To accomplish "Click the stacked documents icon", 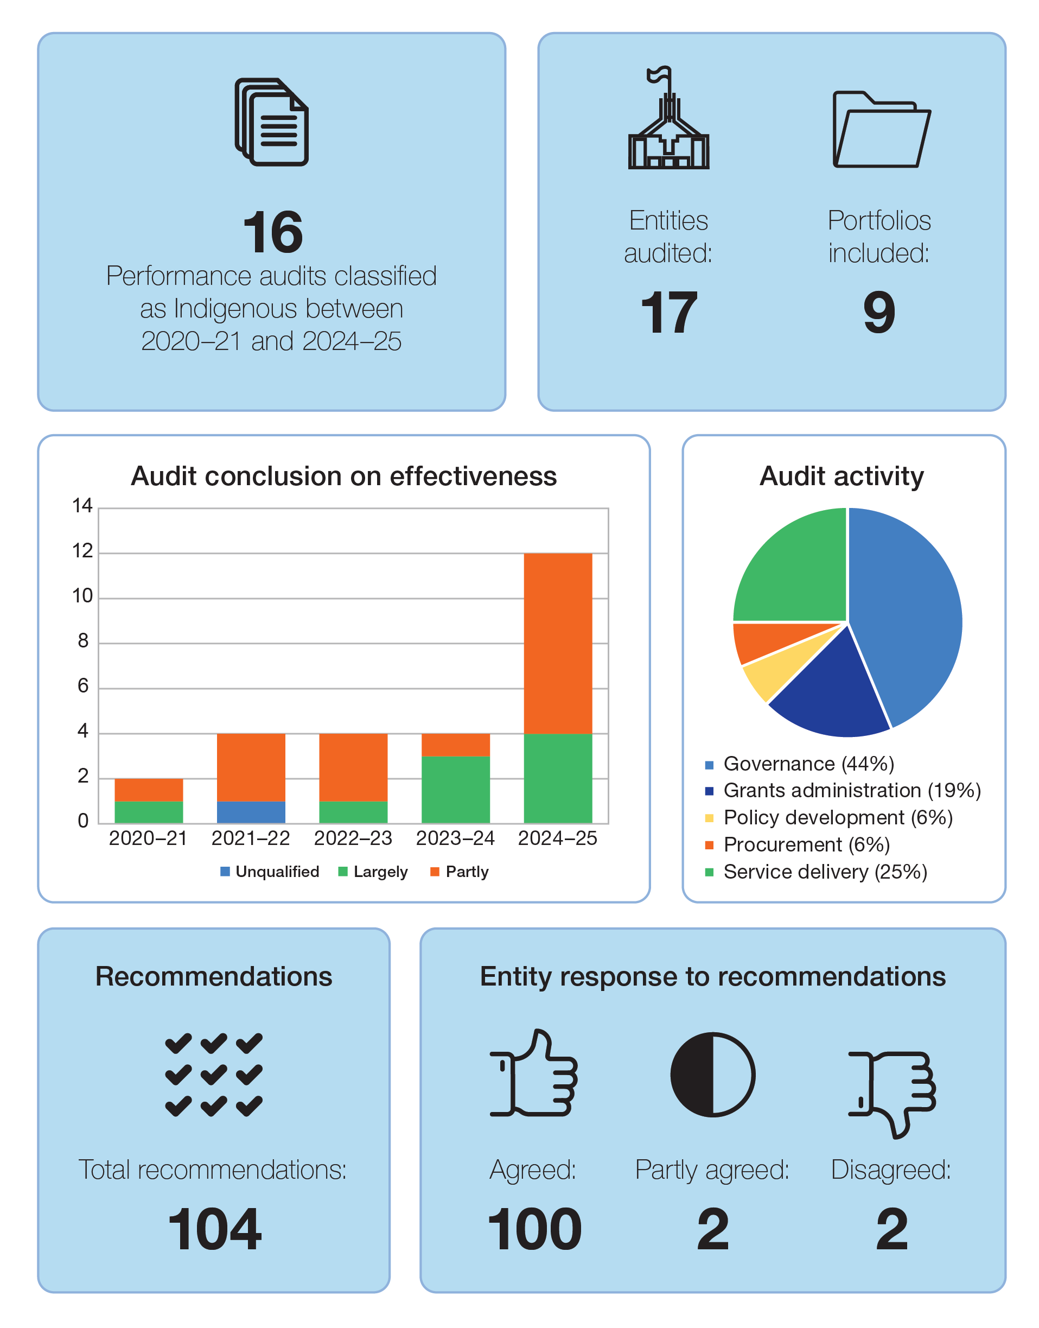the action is [272, 122].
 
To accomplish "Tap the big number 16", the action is [272, 232].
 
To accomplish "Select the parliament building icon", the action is [668, 120].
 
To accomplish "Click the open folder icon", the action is [880, 130].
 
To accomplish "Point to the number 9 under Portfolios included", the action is [879, 312].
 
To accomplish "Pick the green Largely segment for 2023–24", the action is [456, 789].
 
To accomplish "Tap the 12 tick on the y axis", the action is [82, 551].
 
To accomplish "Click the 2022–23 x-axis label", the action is [353, 838].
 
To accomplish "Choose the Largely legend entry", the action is [373, 872].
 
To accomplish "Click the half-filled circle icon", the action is [712, 1075].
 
